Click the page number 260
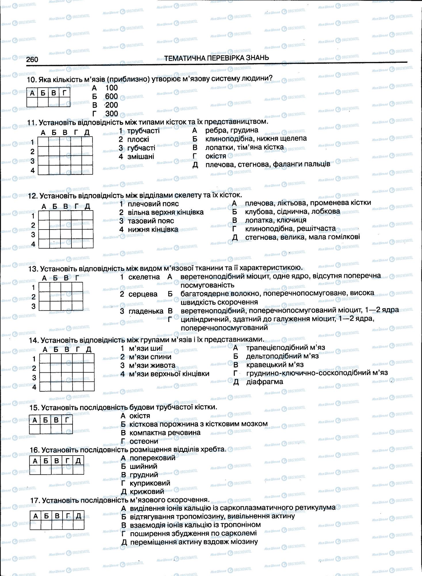[32, 59]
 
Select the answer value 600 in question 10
[111, 96]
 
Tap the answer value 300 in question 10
[111, 113]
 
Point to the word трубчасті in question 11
[143, 131]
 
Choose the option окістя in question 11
[216, 156]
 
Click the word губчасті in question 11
[141, 148]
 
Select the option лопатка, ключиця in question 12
[276, 220]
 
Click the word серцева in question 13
[143, 294]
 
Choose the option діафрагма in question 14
[265, 382]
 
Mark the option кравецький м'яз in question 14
[275, 365]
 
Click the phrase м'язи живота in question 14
[152, 365]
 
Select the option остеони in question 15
[144, 441]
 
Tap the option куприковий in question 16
[150, 483]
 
